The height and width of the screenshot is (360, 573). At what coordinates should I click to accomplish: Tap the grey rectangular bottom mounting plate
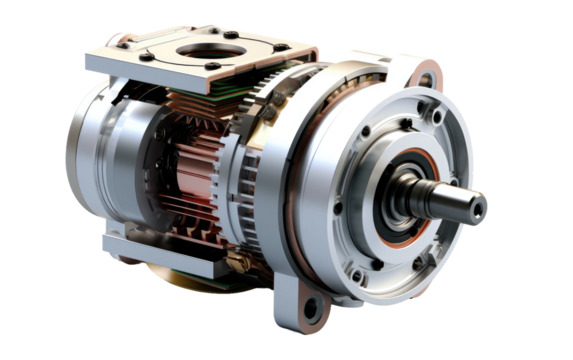(165, 250)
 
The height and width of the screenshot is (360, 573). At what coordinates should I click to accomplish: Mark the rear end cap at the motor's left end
(85, 160)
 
